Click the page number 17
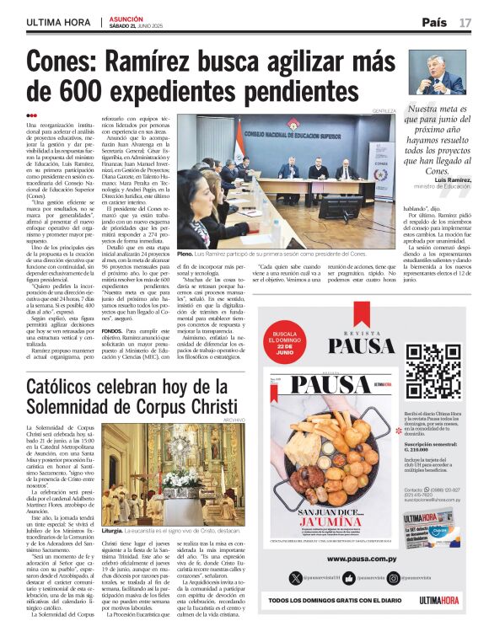[465, 22]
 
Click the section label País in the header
[434, 22]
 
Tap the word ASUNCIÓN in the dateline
[126, 17]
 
